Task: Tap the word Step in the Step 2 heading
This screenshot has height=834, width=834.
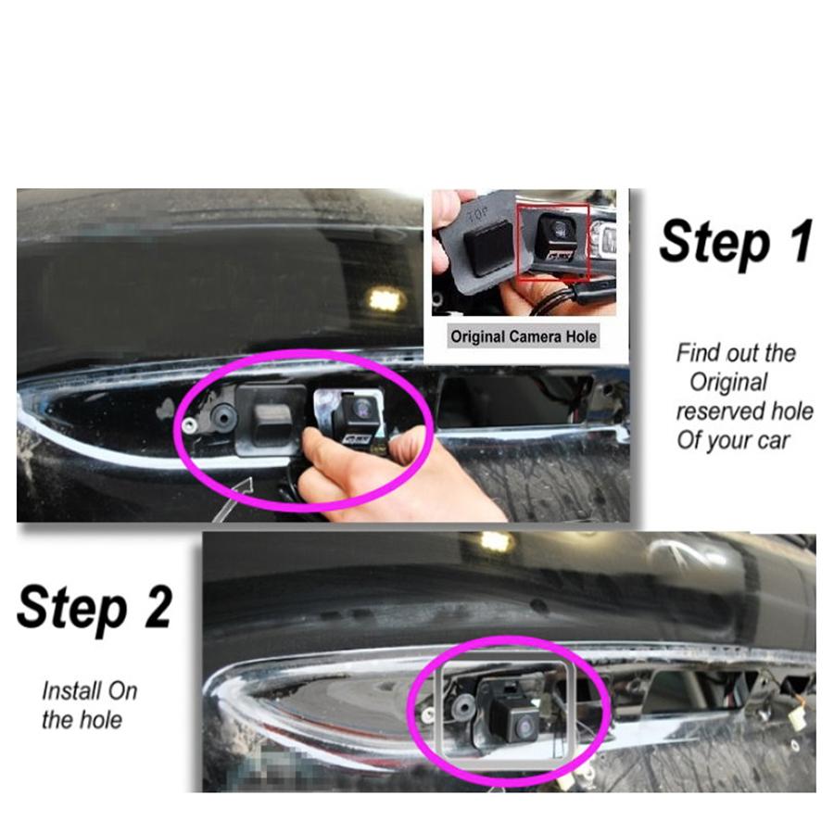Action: pos(70,609)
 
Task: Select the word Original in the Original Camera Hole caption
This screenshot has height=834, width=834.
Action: pos(479,335)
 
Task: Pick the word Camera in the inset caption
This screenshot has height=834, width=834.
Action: pos(537,335)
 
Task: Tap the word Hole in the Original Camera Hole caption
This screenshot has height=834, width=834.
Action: pos(580,335)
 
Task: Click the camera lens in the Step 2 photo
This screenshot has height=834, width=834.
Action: pos(522,726)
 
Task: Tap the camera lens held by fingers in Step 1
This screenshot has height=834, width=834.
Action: pos(361,408)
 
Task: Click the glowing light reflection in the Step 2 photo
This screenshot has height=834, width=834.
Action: pos(496,541)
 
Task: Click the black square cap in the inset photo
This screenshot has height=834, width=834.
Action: pos(481,243)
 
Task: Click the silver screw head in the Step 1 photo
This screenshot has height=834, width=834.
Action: pos(189,425)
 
